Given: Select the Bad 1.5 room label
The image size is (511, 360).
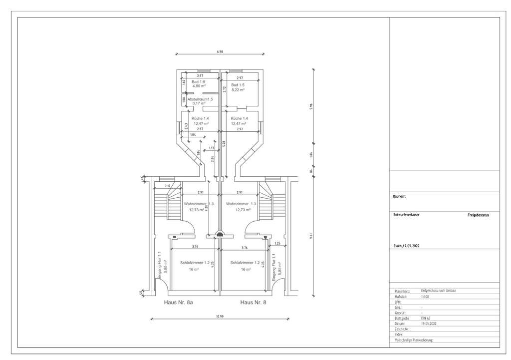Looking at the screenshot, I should point(238,86).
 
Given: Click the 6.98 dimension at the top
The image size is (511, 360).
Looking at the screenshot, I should point(220,51).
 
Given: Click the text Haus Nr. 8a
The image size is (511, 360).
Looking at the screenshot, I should point(178,303).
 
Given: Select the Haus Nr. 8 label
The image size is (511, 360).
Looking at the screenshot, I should point(253,303).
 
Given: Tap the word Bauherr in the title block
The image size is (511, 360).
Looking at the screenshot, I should point(400,196).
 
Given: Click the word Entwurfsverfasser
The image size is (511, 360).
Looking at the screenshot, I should point(406,215).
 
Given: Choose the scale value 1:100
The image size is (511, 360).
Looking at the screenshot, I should point(425,296).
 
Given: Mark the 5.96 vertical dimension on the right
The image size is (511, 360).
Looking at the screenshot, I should point(311,106).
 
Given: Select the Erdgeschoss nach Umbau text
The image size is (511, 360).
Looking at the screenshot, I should point(439,291).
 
